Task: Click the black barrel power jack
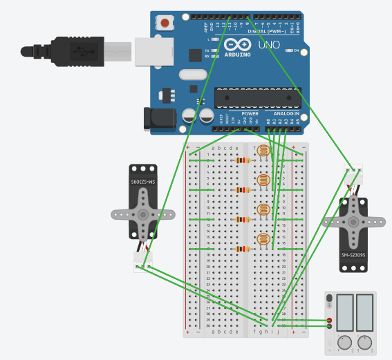156,118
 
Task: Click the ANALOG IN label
286,113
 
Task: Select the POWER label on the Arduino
250,113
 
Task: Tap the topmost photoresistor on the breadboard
263,151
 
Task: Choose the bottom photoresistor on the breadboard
263,240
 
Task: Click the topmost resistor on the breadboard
242,160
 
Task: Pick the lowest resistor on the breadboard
242,249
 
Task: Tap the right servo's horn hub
353,222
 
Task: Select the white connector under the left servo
142,261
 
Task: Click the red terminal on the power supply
329,319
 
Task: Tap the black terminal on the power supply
329,326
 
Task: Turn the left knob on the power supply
344,341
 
